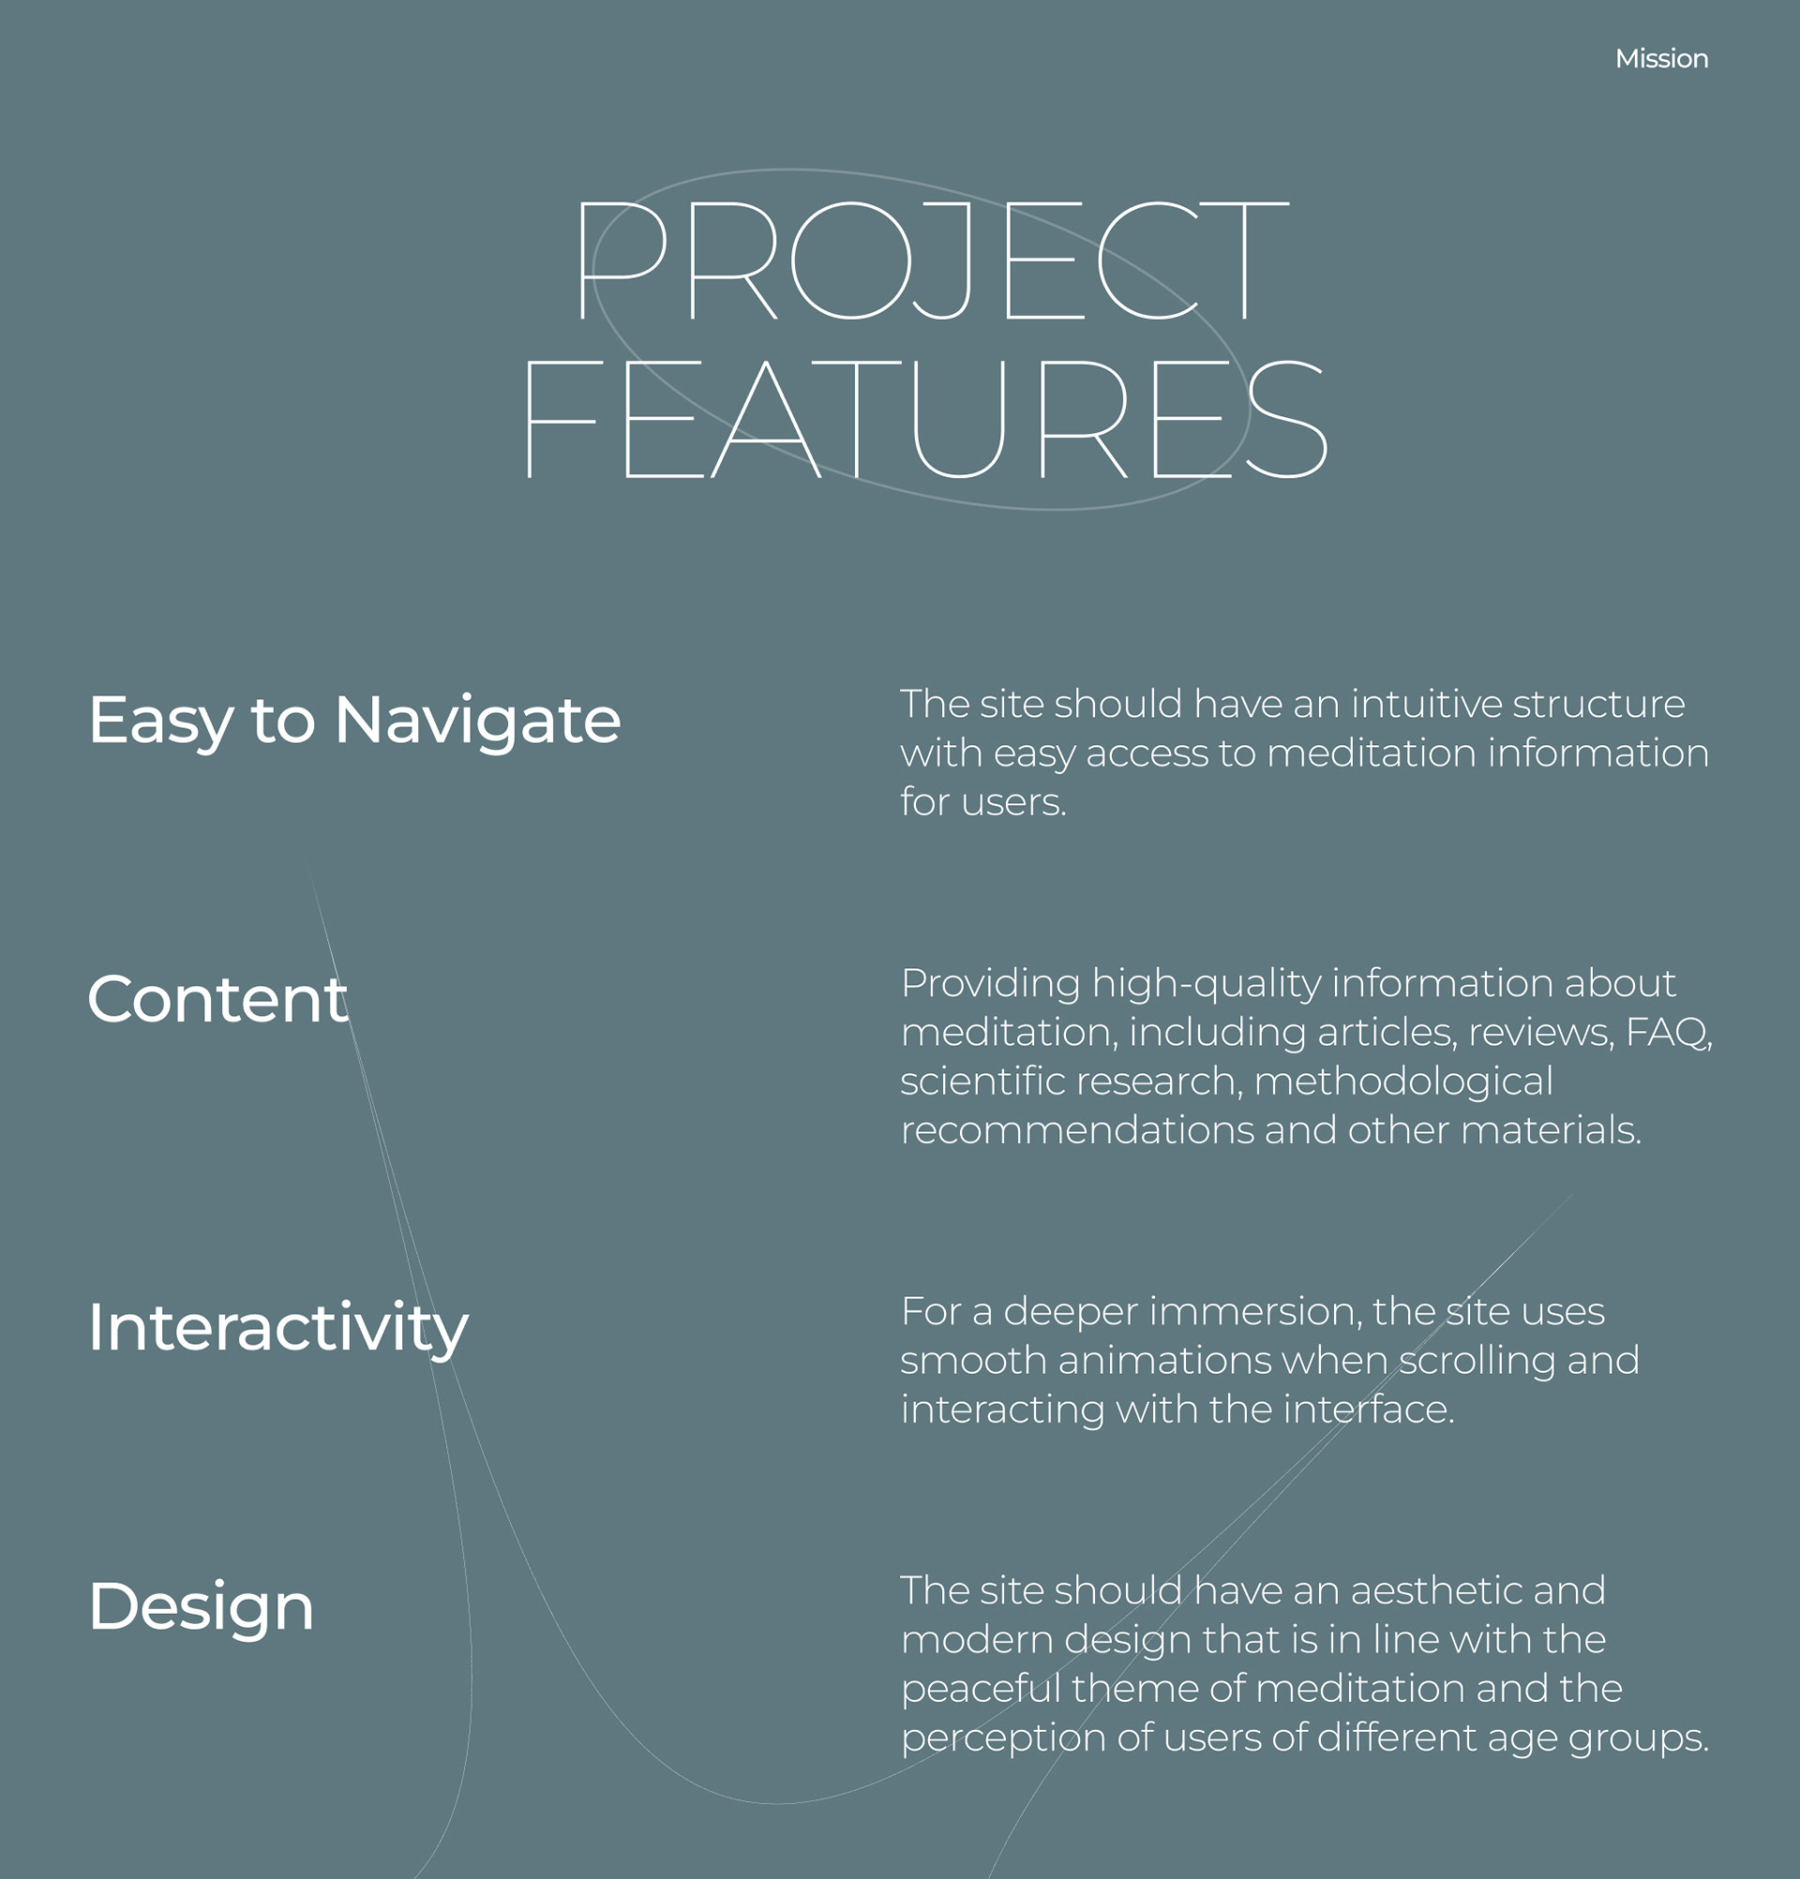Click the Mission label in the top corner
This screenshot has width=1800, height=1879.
point(1661,58)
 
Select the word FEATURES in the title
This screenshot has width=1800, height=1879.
point(925,419)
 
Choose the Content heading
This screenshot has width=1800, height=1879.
point(217,999)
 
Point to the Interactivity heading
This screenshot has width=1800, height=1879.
point(278,1330)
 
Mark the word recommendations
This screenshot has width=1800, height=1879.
point(1077,1130)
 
